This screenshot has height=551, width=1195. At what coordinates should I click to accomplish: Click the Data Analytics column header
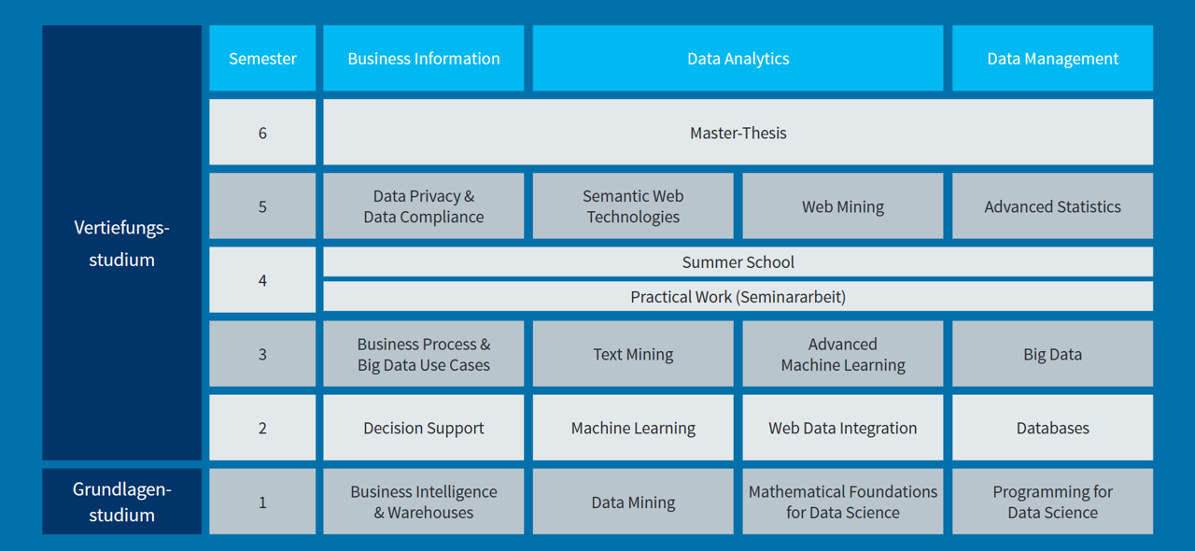738,58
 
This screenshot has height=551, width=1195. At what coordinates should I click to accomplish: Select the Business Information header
424,58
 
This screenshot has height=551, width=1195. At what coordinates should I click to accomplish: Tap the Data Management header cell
1052,58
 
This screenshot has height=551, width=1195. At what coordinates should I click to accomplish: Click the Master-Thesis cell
738,132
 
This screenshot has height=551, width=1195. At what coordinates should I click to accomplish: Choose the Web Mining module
843,206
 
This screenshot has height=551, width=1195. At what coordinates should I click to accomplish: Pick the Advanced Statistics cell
1052,206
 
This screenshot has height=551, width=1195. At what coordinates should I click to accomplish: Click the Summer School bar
738,261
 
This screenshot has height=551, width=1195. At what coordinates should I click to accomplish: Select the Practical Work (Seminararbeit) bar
738,296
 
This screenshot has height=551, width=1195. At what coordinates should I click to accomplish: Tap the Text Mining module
633,353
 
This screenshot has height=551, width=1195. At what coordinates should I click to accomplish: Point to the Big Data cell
1052,353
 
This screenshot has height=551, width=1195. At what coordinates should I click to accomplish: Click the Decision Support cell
424,428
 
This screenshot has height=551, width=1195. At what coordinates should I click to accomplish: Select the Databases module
1052,428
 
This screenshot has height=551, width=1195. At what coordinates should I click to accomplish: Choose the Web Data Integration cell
843,428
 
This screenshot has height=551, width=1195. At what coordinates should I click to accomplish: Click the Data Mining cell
633,502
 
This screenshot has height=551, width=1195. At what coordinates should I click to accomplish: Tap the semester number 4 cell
262,280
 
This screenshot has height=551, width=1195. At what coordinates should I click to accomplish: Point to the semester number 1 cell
262,502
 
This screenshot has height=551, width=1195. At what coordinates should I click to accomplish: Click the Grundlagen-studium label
122,502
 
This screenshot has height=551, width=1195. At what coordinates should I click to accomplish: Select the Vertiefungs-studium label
122,243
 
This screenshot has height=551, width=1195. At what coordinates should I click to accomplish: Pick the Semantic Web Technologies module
633,206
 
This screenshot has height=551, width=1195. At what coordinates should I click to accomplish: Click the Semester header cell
262,58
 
